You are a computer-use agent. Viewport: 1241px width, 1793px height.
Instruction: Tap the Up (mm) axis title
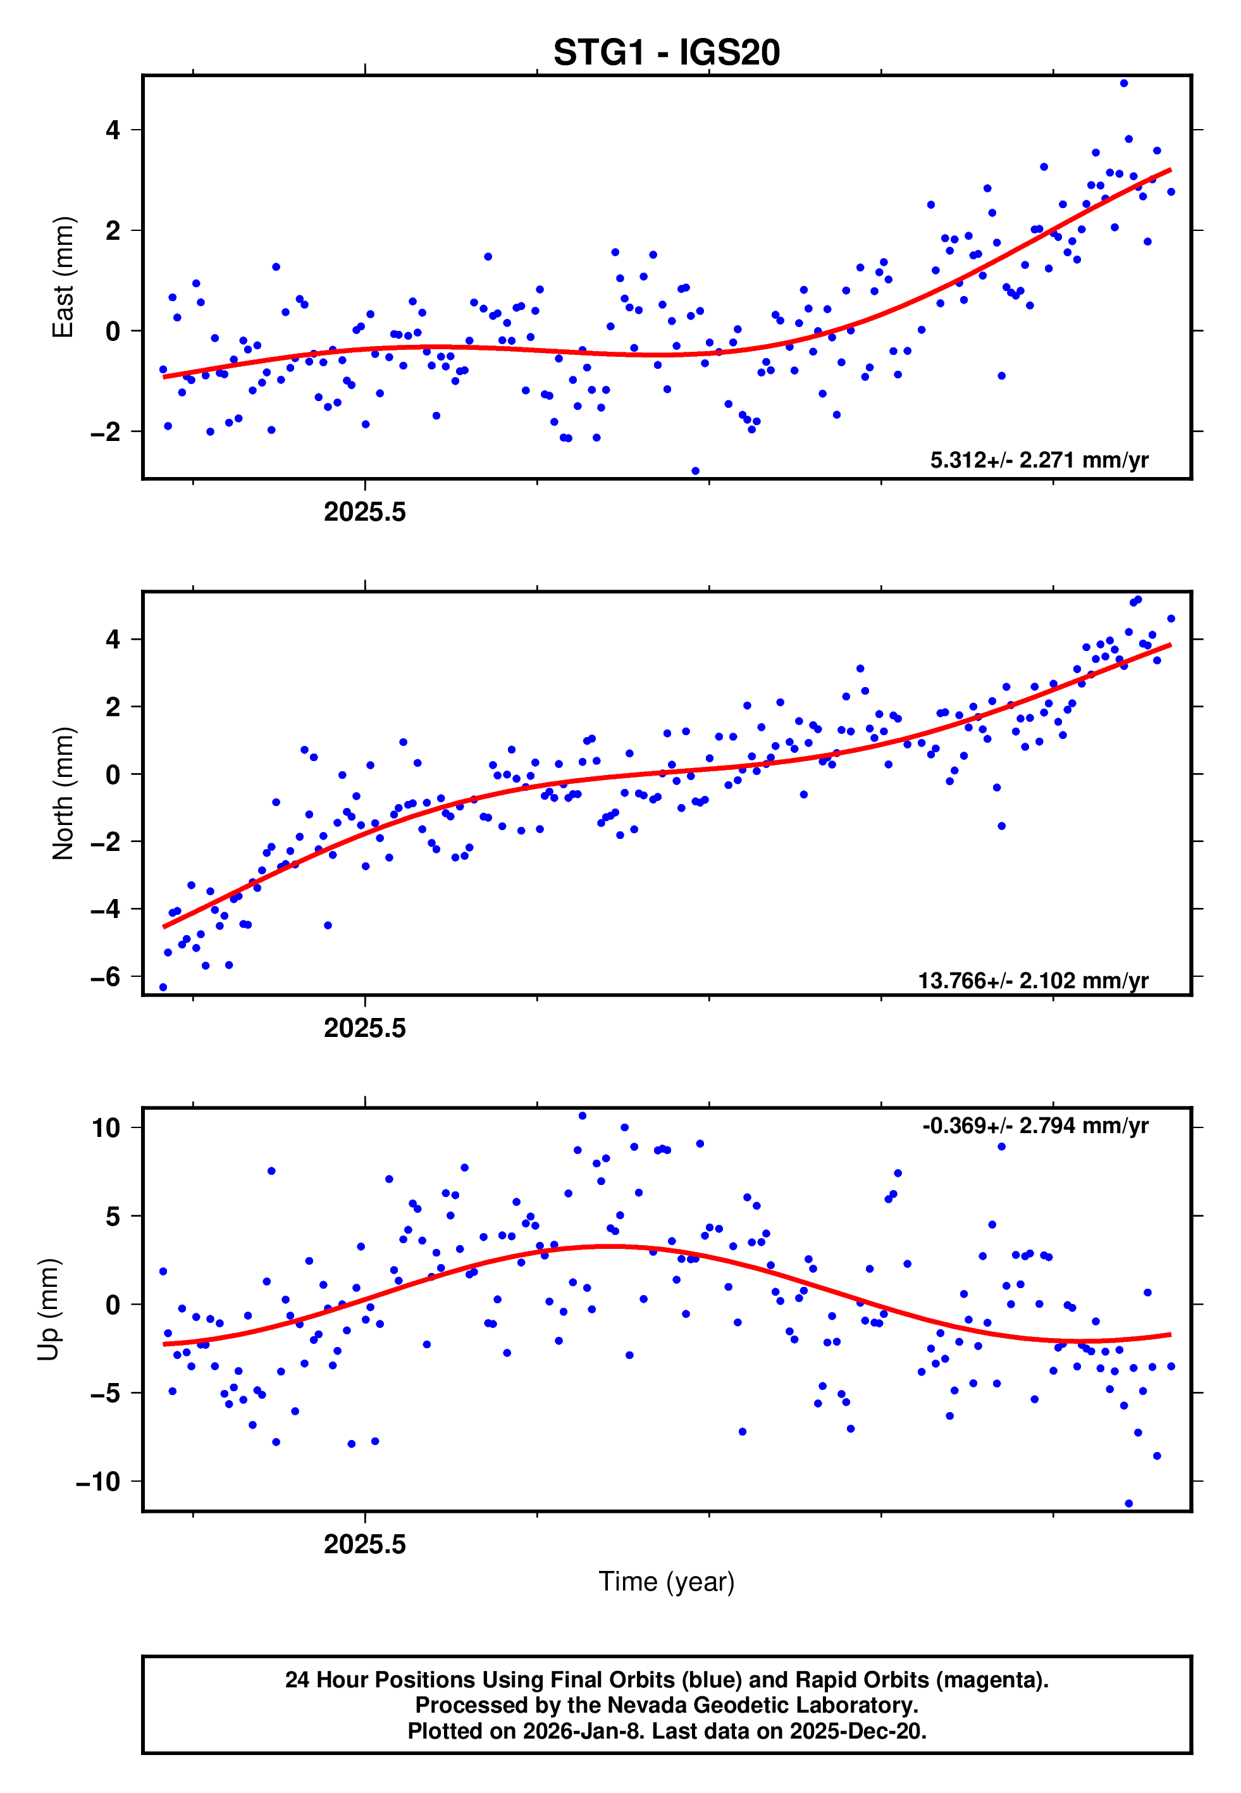coord(48,1310)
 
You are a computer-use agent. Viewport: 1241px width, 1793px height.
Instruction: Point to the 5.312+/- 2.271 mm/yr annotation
coord(1039,461)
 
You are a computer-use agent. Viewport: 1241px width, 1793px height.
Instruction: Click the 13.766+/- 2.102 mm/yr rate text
coord(1033,981)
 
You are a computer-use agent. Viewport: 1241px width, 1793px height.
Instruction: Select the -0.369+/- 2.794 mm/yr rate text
coord(1035,1126)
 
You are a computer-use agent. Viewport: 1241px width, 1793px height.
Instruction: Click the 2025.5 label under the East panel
coord(365,512)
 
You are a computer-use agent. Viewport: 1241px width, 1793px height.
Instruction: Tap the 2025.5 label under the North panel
coord(365,1029)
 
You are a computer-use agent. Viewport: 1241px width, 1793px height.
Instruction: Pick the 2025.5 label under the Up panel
coord(365,1544)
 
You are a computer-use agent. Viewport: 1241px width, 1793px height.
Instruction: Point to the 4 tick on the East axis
coord(113,130)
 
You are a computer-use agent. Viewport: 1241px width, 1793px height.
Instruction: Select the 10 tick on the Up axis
coord(106,1128)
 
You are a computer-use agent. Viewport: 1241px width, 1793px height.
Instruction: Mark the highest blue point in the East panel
coord(1123,83)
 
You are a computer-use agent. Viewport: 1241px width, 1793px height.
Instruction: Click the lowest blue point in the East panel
coord(695,471)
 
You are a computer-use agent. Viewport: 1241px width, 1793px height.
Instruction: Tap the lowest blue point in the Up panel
coord(1128,1504)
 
